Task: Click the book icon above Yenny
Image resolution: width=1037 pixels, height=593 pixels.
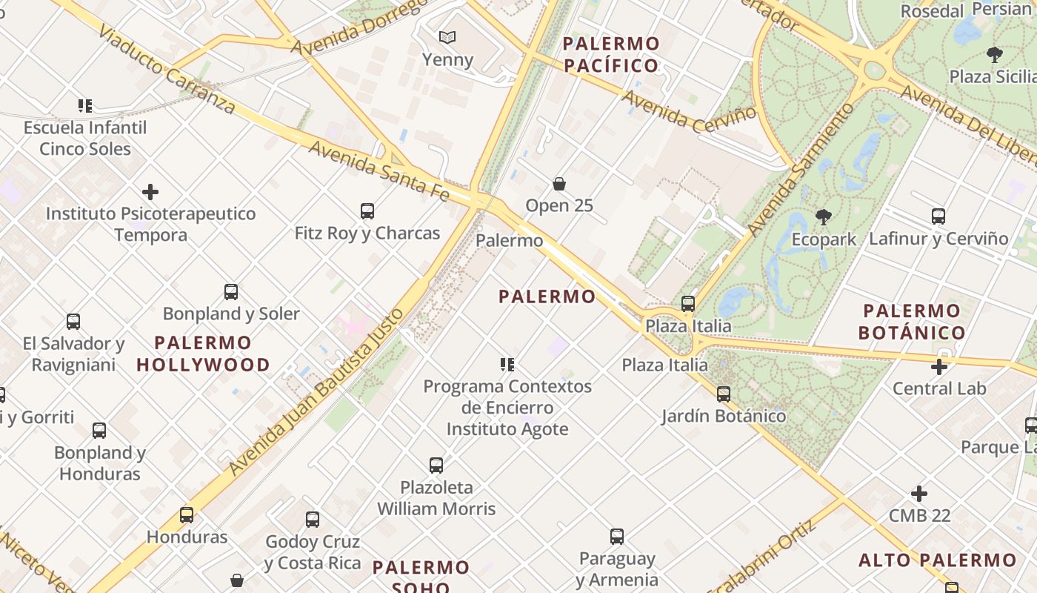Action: point(447,37)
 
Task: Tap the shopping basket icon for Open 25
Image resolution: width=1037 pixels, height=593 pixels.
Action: point(559,183)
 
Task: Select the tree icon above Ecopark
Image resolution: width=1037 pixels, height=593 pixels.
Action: point(823,217)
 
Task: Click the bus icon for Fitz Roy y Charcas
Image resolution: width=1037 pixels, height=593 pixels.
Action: point(367,211)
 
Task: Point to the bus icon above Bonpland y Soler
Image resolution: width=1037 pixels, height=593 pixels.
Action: point(231,292)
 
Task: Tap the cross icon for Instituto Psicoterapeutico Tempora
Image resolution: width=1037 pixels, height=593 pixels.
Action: point(150,193)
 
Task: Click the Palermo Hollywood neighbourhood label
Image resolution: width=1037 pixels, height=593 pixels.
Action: point(203,354)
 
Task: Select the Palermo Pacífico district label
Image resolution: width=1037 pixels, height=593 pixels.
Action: point(611,54)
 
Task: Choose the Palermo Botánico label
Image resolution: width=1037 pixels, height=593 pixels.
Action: point(912,322)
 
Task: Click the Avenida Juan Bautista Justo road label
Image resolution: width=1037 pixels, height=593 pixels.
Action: point(317,391)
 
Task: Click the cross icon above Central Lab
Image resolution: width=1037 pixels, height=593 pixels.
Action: point(939,367)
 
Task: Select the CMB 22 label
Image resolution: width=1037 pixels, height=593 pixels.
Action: point(919,515)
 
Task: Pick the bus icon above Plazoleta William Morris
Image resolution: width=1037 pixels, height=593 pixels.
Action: point(436,466)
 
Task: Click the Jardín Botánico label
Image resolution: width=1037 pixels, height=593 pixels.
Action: point(724,416)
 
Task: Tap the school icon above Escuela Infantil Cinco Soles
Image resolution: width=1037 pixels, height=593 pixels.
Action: point(85,106)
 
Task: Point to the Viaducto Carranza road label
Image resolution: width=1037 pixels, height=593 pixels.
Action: point(166,71)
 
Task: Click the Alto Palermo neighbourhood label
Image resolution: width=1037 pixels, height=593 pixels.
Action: point(937,560)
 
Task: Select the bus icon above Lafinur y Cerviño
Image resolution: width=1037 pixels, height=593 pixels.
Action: point(938,216)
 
